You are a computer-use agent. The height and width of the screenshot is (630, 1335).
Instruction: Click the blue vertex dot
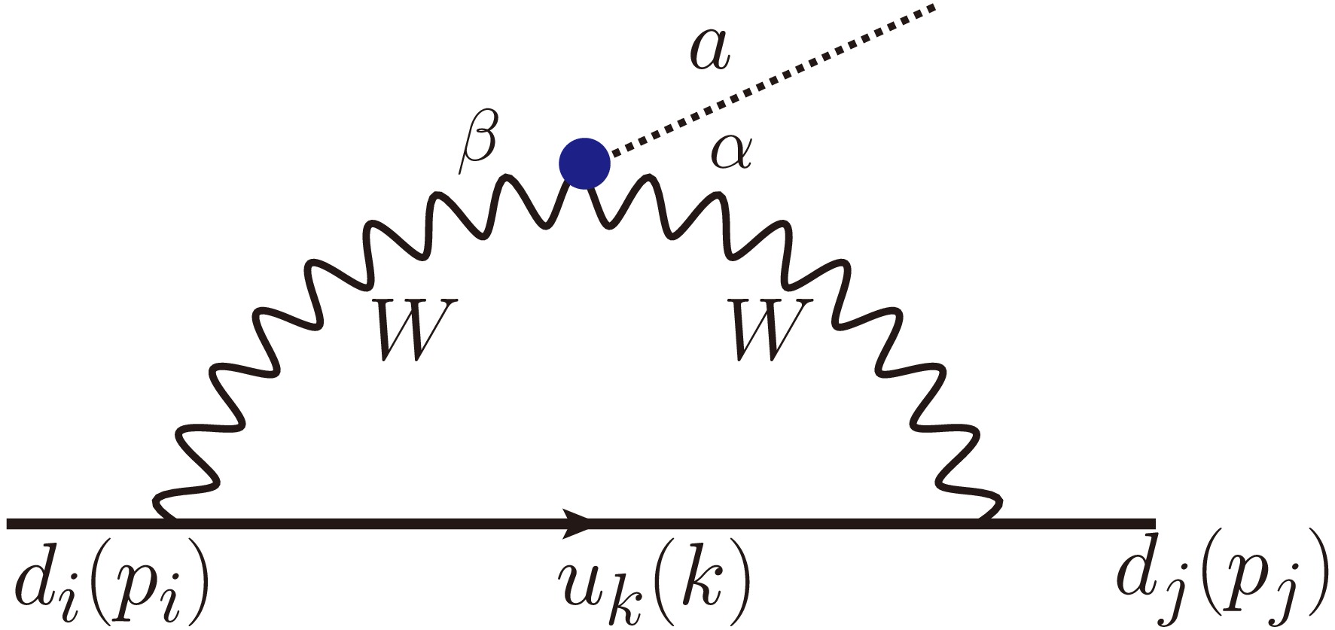(x=584, y=162)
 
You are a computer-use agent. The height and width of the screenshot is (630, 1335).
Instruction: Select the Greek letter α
(x=730, y=154)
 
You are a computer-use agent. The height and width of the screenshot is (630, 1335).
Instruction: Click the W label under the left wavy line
(x=410, y=328)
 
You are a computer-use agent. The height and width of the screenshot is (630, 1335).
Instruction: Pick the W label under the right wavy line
(x=767, y=328)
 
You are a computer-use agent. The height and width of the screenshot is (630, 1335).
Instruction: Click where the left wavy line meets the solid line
(x=167, y=518)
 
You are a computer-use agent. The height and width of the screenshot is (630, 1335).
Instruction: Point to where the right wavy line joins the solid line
(x=986, y=518)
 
